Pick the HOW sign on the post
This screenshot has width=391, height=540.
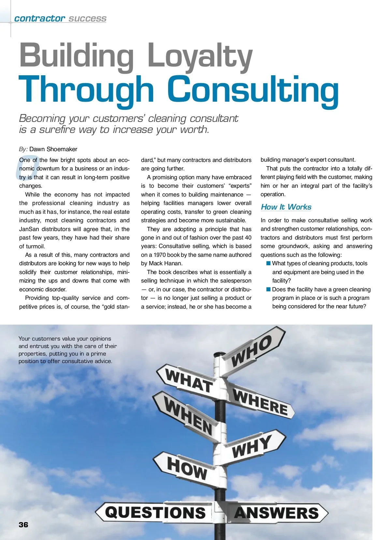[x=185, y=467]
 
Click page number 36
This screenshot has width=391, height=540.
[x=23, y=525]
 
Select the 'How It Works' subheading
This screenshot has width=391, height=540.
[x=286, y=207]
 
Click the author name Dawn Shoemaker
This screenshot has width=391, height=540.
[x=53, y=149]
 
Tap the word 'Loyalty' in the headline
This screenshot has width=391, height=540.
[x=200, y=55]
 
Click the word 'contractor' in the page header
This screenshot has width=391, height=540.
[x=39, y=18]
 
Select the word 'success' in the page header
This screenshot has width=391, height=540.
[x=87, y=19]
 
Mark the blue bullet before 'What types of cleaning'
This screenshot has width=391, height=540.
[x=268, y=263]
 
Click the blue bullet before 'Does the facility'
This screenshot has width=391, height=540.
[x=268, y=289]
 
